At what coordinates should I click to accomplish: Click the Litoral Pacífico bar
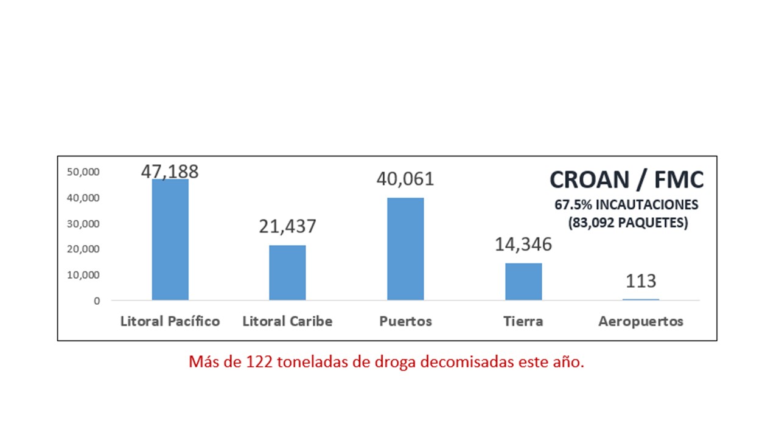(170, 240)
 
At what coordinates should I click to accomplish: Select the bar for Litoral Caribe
(287, 273)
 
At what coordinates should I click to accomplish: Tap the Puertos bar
(405, 249)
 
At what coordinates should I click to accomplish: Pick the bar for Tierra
(523, 282)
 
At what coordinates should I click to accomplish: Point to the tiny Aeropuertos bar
(641, 299)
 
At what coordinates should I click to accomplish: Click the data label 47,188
(170, 171)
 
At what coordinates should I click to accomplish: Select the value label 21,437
(287, 226)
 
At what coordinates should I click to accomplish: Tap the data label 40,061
(405, 179)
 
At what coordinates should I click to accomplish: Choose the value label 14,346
(523, 245)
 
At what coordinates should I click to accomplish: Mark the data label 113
(641, 281)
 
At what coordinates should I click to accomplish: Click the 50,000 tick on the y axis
(83, 172)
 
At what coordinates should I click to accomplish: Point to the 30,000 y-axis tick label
(83, 224)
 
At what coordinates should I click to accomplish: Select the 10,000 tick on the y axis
(83, 275)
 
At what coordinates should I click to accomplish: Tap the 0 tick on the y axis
(97, 301)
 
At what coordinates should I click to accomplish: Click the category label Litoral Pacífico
(170, 321)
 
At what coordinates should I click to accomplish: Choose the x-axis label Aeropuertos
(641, 321)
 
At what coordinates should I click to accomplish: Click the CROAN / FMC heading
(626, 179)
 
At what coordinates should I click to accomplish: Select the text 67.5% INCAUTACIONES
(626, 204)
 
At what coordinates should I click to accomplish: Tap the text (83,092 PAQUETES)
(628, 223)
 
